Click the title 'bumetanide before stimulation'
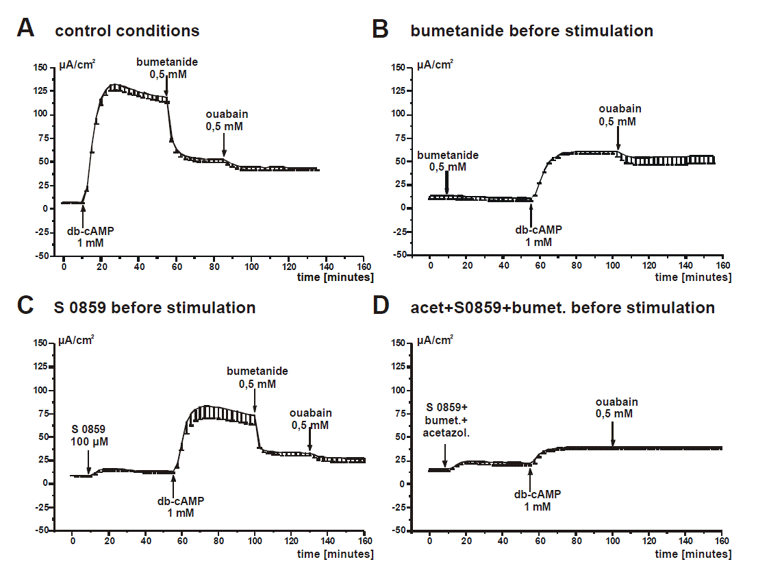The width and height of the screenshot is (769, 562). point(531,31)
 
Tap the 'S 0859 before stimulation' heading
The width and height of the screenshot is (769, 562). point(155,308)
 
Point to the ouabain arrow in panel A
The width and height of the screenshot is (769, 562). point(224,147)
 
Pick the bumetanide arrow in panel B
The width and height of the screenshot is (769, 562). point(446,183)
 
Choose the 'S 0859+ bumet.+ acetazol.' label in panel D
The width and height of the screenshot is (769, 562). point(444,420)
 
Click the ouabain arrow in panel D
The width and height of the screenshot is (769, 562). point(613,434)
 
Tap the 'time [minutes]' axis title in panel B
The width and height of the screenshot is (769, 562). point(693,278)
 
